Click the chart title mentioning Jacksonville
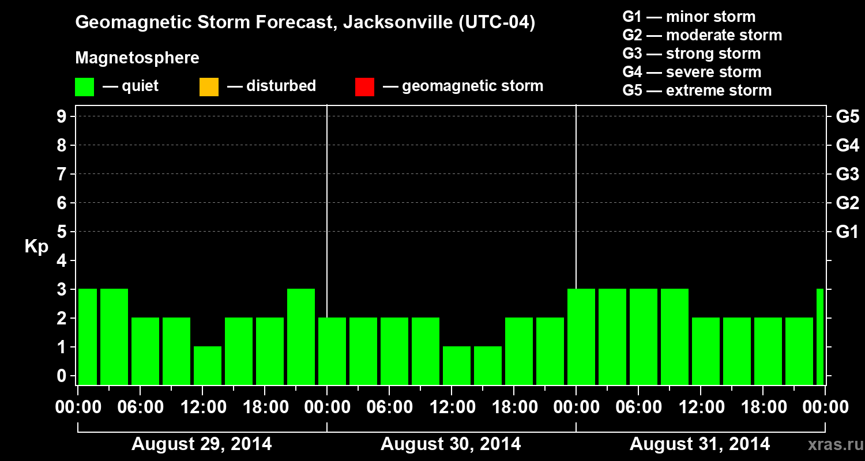(305, 23)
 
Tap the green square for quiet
(84, 87)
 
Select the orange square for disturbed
(209, 87)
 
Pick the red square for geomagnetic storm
(364, 87)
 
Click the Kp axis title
(36, 247)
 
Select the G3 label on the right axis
(847, 174)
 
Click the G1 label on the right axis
(847, 232)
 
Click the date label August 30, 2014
(450, 444)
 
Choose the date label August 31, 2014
(699, 444)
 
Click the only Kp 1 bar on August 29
(208, 365)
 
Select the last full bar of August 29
(301, 337)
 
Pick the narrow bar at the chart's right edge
(820, 337)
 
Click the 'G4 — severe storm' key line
(691, 72)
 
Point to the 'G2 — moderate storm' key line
(702, 35)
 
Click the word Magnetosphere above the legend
(137, 58)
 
